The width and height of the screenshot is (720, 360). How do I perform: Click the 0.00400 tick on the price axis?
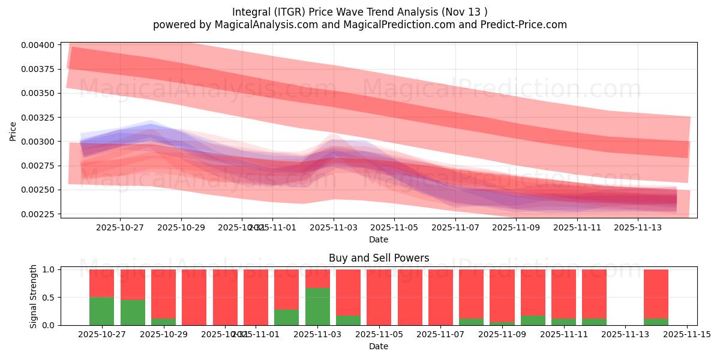point(40,45)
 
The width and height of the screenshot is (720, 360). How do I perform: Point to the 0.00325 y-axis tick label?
point(40,118)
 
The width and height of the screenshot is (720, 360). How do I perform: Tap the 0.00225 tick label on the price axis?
point(40,214)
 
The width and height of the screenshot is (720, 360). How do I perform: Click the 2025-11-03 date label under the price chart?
point(334,228)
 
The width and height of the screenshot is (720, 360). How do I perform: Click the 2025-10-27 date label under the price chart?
point(120,228)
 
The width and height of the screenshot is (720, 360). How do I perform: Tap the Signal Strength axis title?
point(34,296)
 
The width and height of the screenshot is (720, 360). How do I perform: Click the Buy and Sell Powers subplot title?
point(379,259)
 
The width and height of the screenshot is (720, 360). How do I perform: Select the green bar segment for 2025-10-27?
point(101,311)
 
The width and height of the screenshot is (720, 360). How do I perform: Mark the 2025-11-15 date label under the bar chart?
point(686,335)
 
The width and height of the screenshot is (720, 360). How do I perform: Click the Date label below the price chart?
point(379,239)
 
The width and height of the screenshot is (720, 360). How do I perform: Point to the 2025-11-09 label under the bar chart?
point(502,335)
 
